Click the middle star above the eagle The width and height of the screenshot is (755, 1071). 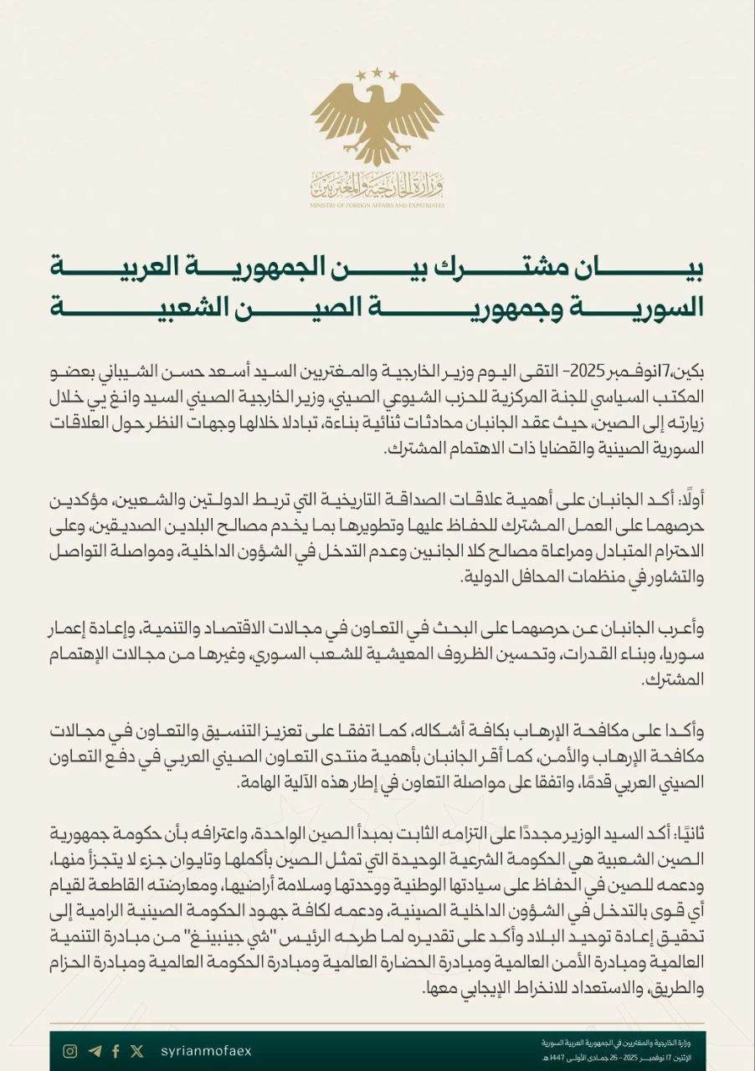[377, 74]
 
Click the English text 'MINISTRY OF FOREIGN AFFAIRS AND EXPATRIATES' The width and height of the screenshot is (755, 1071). [377, 205]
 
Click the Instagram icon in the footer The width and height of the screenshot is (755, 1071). [71, 1051]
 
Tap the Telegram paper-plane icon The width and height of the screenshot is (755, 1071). [94, 1051]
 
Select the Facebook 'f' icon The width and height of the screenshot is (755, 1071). [116, 1051]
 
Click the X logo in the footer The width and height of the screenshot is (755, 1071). [137, 1051]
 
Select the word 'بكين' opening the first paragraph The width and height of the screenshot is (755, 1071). [689, 369]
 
